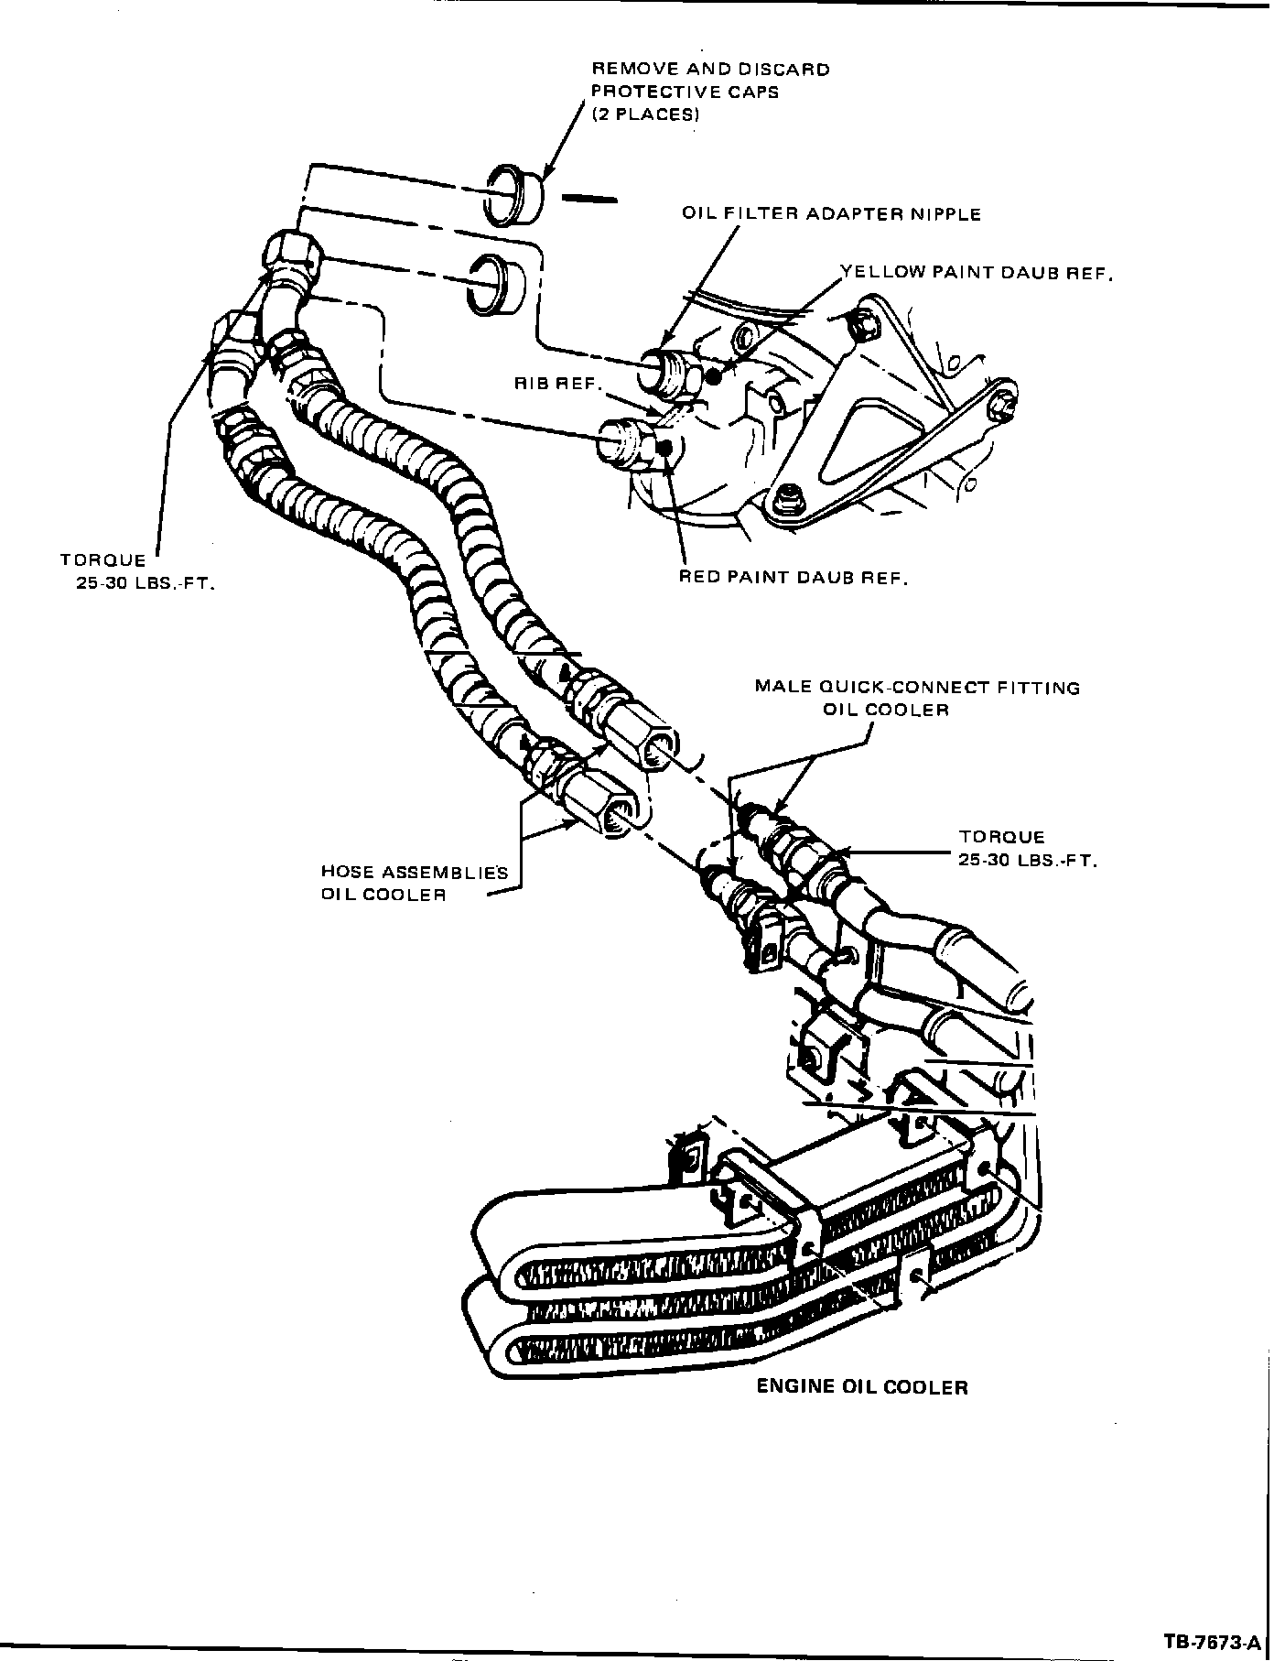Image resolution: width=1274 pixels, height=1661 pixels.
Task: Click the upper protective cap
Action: tap(513, 194)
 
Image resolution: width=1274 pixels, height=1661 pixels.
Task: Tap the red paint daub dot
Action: tap(666, 447)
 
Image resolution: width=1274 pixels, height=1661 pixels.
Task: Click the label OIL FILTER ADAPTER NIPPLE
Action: tap(831, 214)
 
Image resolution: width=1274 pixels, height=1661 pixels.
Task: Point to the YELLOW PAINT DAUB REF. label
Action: tap(977, 273)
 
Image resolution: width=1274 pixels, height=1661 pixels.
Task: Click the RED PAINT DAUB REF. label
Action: tap(794, 578)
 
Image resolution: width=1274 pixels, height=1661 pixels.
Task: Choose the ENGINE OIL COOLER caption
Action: tap(861, 1387)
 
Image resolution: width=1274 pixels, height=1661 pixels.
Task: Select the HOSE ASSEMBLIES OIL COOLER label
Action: tap(414, 883)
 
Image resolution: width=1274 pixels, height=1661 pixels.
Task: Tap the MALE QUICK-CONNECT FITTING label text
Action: tap(917, 688)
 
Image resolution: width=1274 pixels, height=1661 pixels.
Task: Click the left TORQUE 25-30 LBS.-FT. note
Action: tap(137, 571)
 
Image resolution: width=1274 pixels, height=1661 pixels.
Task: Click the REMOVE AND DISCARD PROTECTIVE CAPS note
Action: tap(710, 92)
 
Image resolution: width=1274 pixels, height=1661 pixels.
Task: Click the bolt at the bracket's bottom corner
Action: tap(783, 500)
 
